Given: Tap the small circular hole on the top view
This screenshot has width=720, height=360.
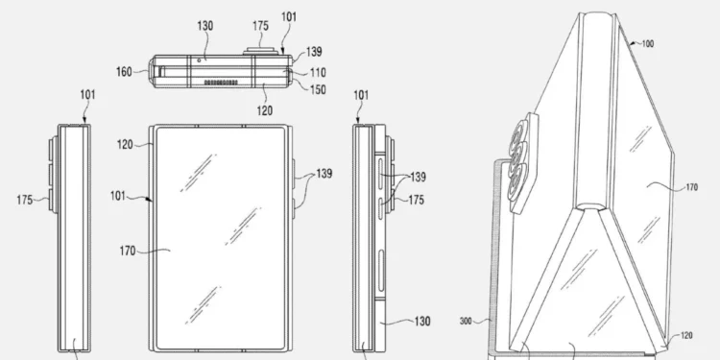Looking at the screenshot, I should (x=198, y=59).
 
